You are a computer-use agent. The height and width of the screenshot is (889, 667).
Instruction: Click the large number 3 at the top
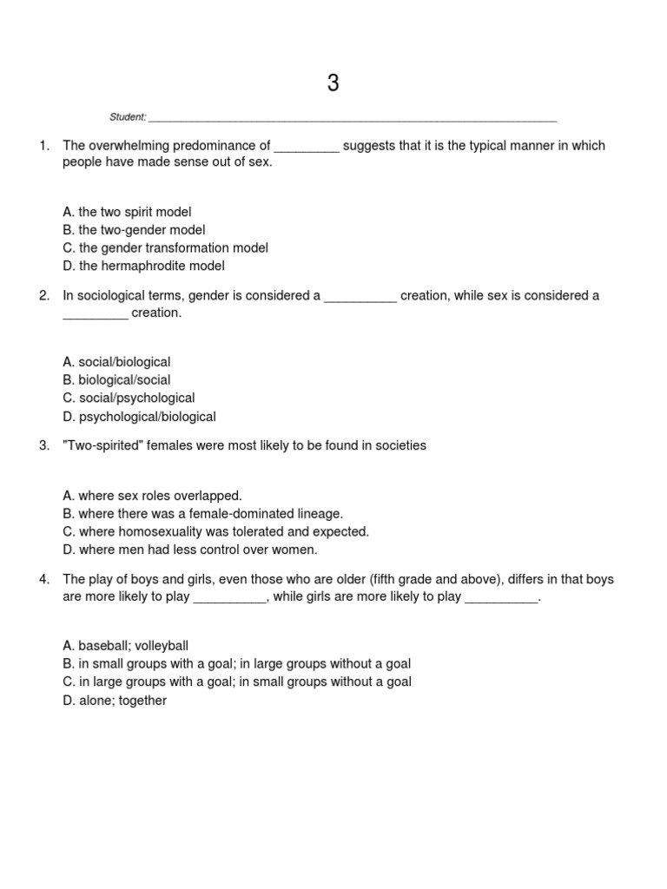333,83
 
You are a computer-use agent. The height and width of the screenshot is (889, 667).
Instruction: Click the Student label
128,117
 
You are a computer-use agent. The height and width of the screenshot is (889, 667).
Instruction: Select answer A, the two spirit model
127,212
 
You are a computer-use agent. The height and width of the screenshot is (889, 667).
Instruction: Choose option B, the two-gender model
134,230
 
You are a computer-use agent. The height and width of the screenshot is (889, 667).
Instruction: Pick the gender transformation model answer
166,248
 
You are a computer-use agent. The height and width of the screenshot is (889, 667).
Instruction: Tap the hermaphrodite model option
144,267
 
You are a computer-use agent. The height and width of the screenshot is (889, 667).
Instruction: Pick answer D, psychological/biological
140,417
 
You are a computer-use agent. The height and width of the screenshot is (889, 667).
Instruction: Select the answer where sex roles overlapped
152,496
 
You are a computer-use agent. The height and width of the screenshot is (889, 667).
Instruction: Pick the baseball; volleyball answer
126,646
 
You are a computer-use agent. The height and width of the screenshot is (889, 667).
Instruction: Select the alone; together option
115,701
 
